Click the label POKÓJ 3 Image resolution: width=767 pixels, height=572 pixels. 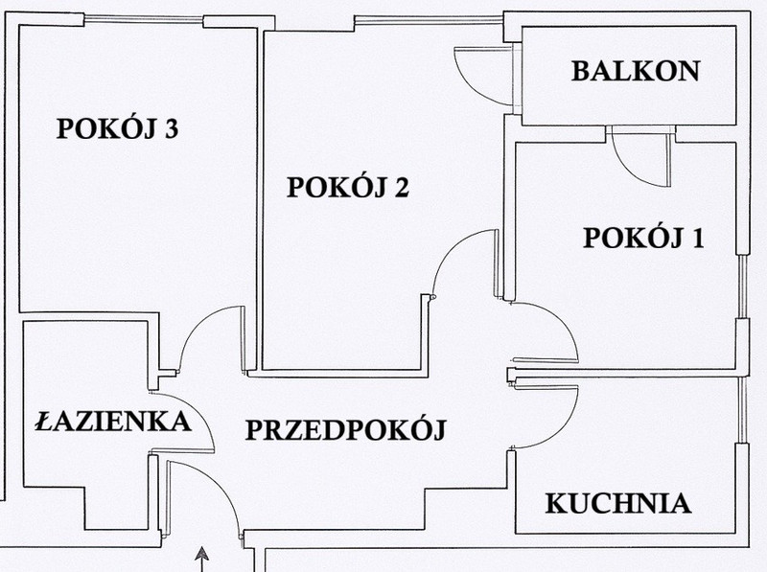117,128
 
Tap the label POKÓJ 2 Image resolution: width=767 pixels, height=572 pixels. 347,187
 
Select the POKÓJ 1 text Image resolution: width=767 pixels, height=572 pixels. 643,238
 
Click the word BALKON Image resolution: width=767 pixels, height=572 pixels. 636,71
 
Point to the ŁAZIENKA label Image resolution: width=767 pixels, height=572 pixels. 113,421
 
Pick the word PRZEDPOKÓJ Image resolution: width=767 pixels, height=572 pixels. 345,429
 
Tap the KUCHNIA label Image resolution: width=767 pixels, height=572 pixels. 618,503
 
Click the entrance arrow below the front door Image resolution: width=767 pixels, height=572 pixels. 201,560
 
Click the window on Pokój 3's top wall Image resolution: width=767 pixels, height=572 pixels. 143,20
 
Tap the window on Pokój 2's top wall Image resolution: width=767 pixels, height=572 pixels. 429,20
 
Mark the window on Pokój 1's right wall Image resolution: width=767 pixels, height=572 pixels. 742,286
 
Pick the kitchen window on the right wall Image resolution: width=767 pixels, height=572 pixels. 742,410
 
